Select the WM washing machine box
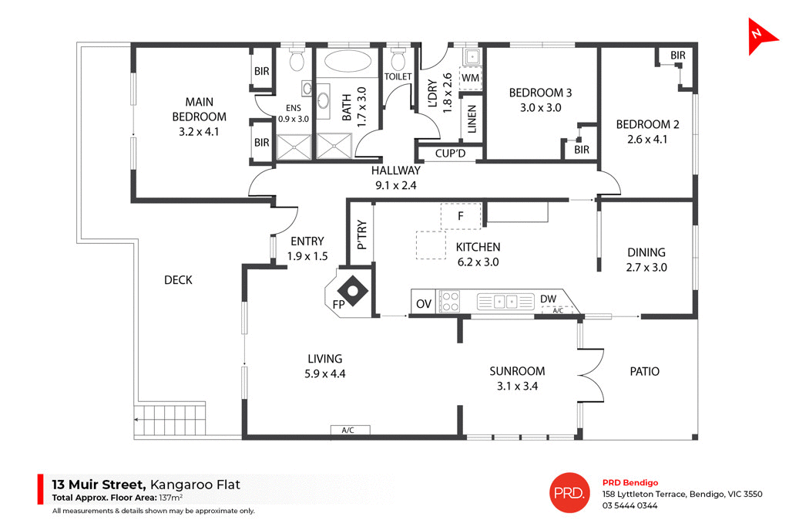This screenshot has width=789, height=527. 470,78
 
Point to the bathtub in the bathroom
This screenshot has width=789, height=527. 347,61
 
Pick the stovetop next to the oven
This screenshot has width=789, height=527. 448,301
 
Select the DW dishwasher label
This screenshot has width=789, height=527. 548,299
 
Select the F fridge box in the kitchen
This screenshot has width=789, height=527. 460,216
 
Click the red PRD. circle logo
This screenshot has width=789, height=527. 569,492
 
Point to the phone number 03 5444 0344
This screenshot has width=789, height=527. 630,506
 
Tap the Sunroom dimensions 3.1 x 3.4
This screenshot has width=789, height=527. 517,386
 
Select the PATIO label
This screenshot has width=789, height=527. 644,371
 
